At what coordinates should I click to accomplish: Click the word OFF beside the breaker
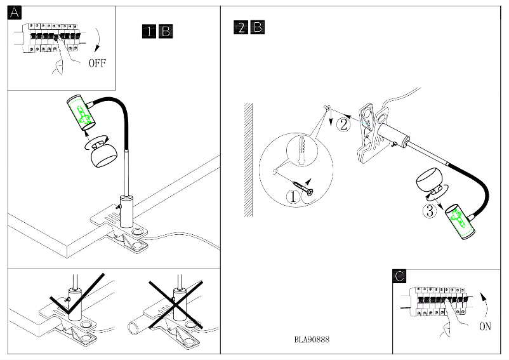tap(97, 63)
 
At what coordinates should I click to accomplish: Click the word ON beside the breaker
tap(486, 327)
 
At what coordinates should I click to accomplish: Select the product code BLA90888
tap(312, 340)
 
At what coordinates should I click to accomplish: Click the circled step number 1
tap(293, 196)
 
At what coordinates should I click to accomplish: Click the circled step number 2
tap(343, 124)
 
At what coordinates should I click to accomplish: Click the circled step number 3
tap(430, 211)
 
